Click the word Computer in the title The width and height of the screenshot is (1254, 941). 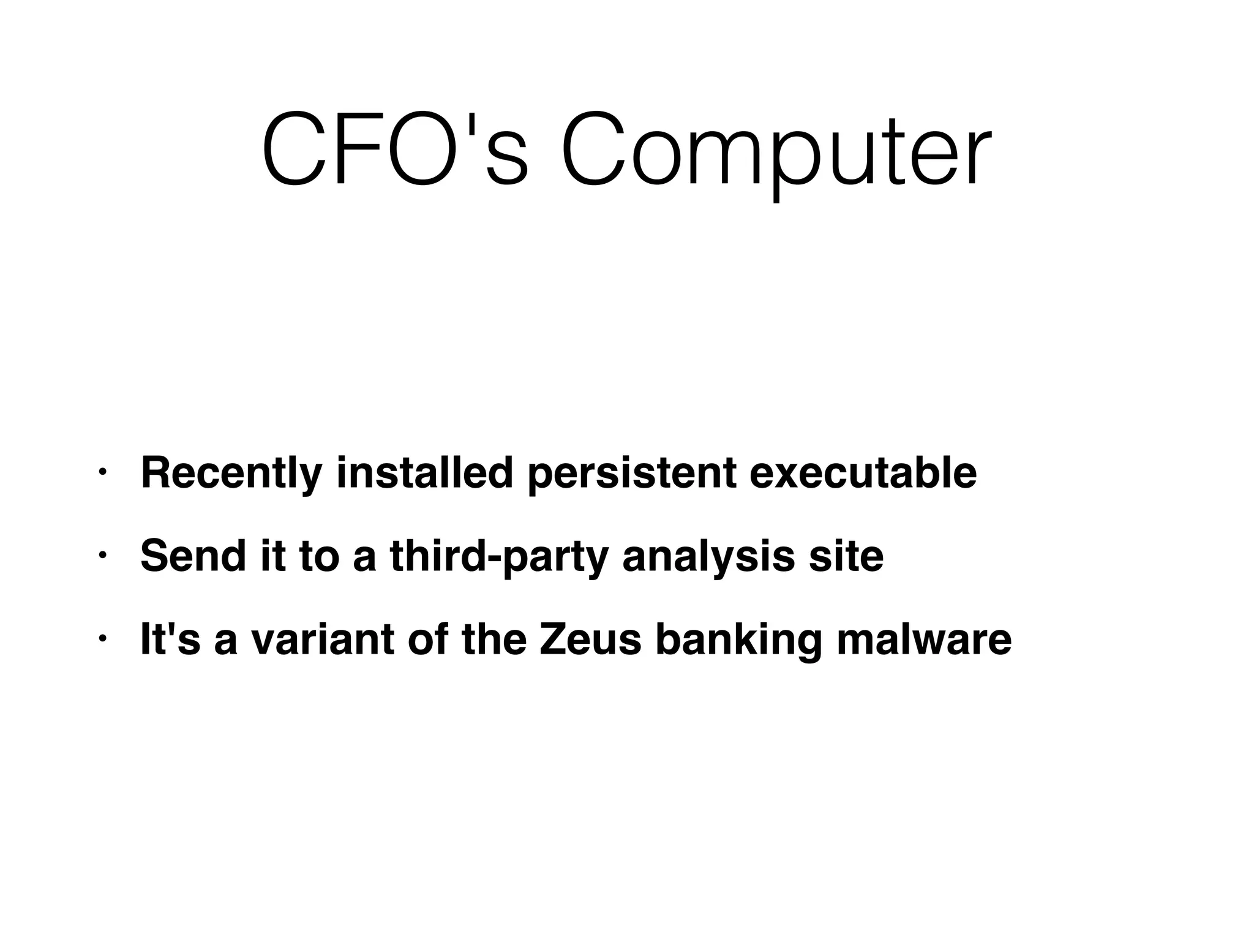click(x=775, y=149)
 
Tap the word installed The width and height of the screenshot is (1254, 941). click(x=424, y=472)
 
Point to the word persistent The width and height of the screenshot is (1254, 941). click(x=631, y=474)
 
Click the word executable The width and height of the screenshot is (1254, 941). click(x=863, y=472)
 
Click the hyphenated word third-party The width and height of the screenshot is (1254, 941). click(x=499, y=557)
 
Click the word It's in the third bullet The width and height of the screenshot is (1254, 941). click(x=170, y=639)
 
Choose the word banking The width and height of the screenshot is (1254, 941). click(x=738, y=640)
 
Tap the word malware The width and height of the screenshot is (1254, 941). click(x=924, y=639)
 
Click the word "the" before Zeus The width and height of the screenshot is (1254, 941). click(x=494, y=639)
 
